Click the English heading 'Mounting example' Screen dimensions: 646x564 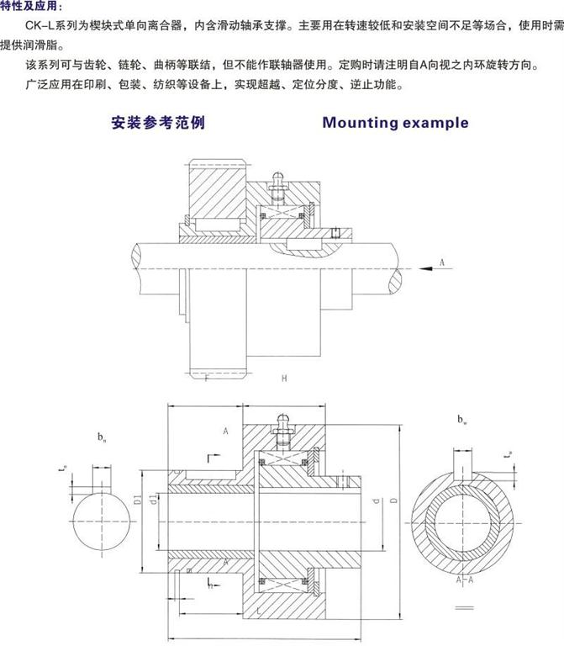(395, 123)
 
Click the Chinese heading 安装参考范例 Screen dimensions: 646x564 (158, 123)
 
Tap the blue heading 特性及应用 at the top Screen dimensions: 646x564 (30, 6)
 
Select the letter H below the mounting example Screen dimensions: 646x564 (284, 379)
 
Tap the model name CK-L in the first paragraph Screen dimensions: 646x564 (39, 28)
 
